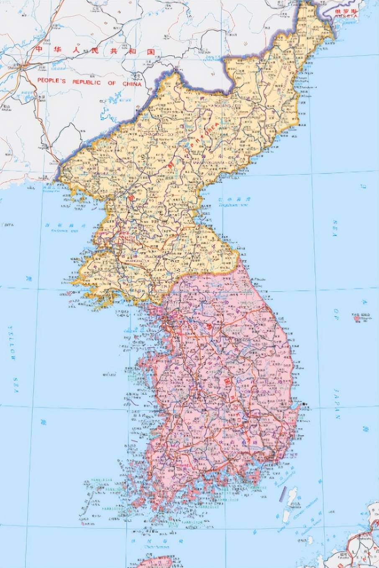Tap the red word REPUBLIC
(x=87, y=82)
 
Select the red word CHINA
(x=132, y=84)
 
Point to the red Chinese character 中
(x=40, y=49)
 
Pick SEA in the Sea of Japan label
(x=335, y=228)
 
